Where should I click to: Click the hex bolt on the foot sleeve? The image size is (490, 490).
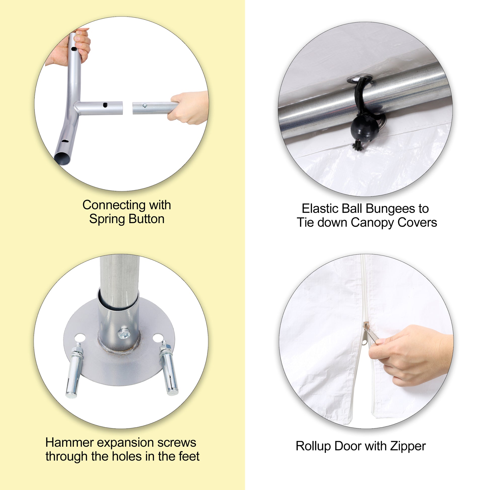(x=124, y=333)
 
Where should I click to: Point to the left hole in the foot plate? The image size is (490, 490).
(x=80, y=338)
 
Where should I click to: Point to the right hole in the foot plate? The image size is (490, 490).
(x=158, y=338)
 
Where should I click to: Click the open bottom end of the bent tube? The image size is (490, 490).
(x=62, y=159)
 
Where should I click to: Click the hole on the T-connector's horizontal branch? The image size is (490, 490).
(x=105, y=105)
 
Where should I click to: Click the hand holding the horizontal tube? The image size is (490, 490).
(x=188, y=107)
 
